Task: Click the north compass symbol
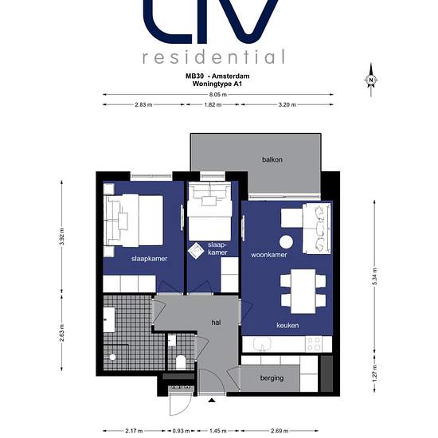point(371,80)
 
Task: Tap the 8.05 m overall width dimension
point(218,95)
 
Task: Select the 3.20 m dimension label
point(287,105)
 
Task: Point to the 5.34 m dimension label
point(375,276)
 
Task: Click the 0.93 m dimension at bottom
point(182,431)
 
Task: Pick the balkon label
point(272,159)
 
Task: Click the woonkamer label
point(268,255)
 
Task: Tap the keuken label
point(287,325)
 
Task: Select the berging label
point(272,378)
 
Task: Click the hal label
point(216,323)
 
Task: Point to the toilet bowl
point(181,362)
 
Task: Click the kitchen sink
point(262,344)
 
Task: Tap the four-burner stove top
point(314,344)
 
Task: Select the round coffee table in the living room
point(287,242)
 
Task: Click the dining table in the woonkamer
point(303,291)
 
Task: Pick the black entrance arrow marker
point(212,401)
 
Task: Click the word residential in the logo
point(213,57)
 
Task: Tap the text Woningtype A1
point(217,84)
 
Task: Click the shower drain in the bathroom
point(112,357)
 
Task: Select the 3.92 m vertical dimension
point(62,237)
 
